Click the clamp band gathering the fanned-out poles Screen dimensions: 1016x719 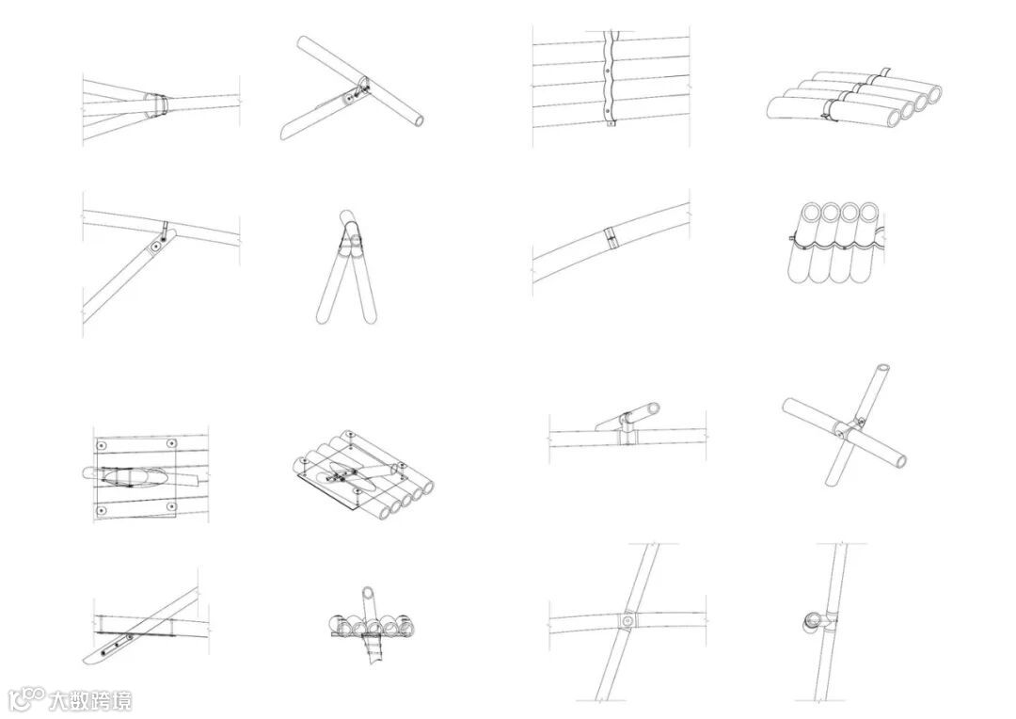tap(159, 102)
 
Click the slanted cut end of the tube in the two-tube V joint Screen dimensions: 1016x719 tap(286, 131)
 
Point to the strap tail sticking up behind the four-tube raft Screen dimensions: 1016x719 tap(885, 72)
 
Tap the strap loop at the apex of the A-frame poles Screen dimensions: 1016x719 tap(349, 244)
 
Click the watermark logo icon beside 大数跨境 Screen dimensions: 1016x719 tap(26, 699)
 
